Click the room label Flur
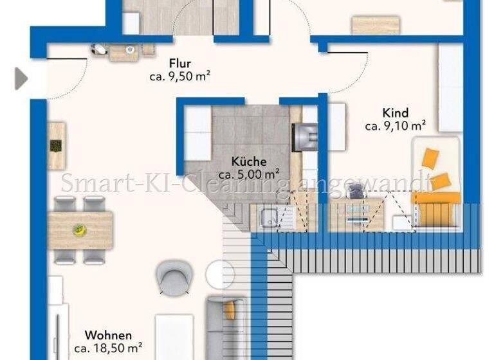coord(180,64)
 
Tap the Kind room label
coord(395,113)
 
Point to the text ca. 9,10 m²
coord(395,126)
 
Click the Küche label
coord(248,162)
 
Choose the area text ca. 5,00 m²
coord(248,174)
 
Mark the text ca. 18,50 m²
coord(108,348)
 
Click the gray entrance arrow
coord(21,79)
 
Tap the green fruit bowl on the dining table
coord(80,230)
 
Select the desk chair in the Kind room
coord(354,191)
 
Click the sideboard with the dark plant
coord(57,147)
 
